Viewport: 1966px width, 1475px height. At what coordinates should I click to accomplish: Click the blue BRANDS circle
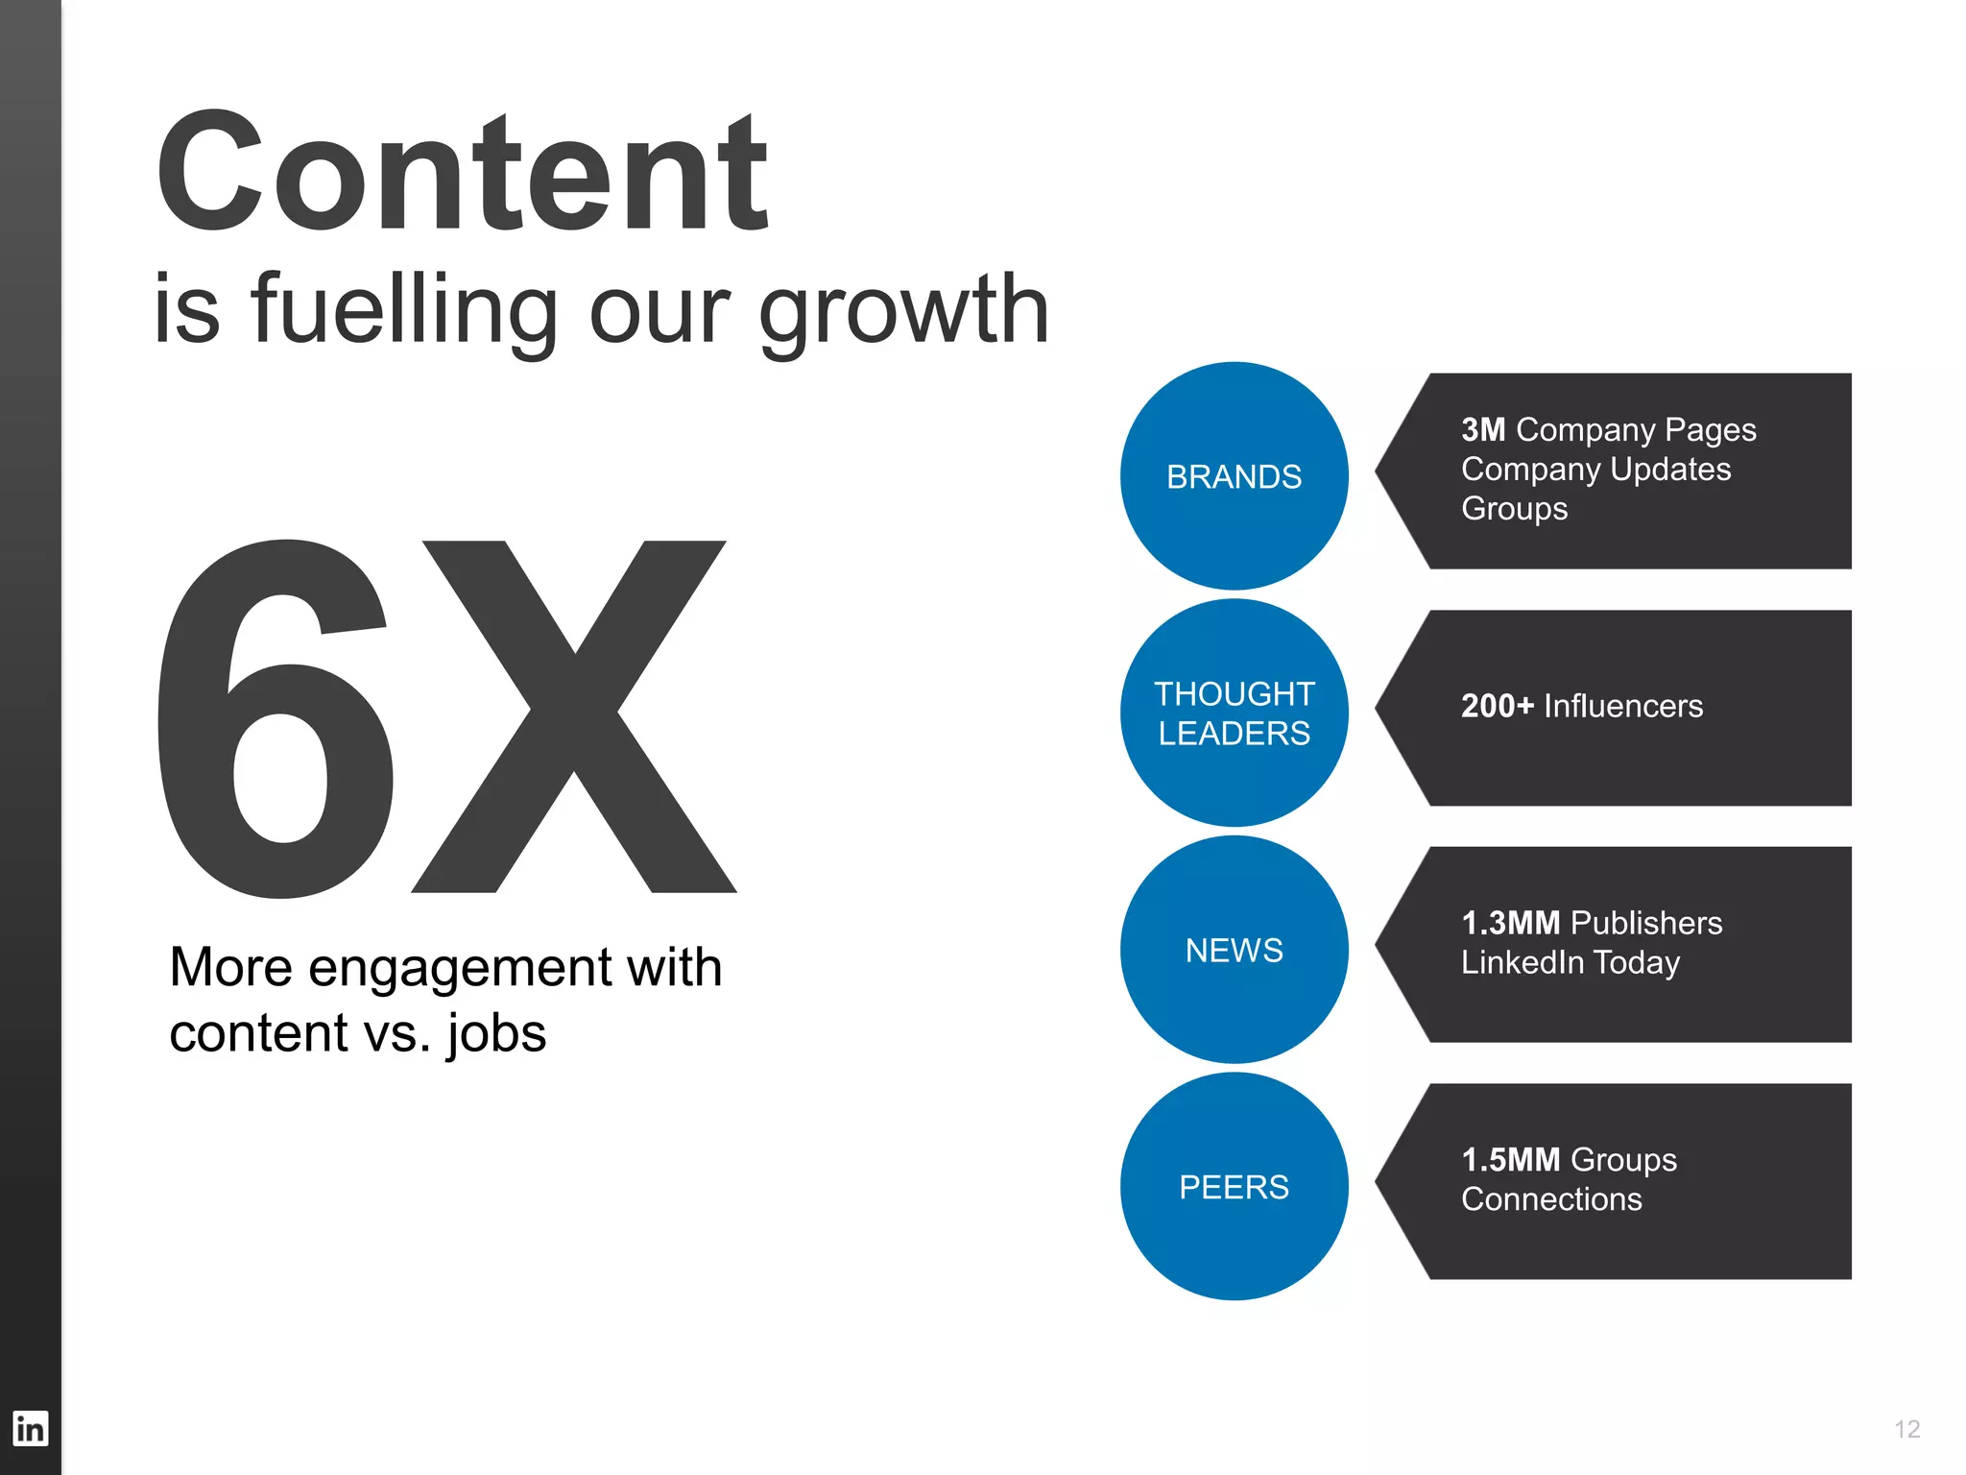(1234, 475)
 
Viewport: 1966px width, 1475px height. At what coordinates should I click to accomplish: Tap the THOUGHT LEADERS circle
(1234, 713)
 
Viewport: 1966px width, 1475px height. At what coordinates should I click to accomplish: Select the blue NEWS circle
(1234, 950)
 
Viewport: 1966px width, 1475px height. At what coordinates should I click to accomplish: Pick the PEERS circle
(1234, 1187)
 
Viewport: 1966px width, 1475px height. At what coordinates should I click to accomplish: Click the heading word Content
(462, 173)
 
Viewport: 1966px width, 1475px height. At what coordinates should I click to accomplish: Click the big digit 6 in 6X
(276, 720)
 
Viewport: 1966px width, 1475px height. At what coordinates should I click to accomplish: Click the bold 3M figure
(1483, 429)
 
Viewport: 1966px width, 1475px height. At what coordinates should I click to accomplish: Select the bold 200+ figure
(1498, 706)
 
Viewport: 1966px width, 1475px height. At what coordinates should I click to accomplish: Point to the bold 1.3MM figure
(1510, 923)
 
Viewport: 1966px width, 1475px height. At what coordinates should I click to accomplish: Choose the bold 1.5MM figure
(1510, 1160)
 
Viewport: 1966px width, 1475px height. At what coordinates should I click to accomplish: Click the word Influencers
(1623, 706)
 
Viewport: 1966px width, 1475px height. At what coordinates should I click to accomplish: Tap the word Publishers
(1646, 923)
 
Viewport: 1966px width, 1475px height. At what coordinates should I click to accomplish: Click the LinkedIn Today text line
(1570, 962)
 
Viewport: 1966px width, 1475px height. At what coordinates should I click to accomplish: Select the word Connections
(1551, 1199)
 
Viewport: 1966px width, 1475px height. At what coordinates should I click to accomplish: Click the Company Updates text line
(1595, 469)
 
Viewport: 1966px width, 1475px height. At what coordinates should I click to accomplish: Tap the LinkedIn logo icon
(30, 1428)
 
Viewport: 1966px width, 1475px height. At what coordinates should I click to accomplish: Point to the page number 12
(1906, 1429)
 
